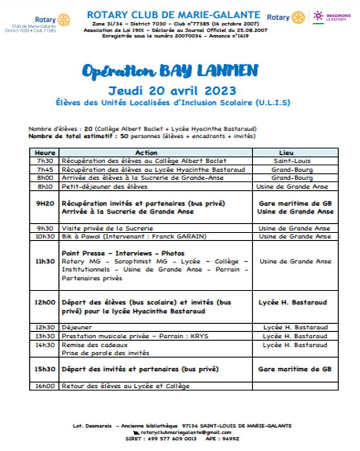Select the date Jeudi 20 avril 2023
point(172,90)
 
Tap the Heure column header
point(45,152)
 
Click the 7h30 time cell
point(44,161)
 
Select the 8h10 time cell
point(44,186)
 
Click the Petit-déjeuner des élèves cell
point(105,186)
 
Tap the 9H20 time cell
point(45,203)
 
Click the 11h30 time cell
point(45,262)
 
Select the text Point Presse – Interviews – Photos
point(123,254)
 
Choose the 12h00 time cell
point(45,303)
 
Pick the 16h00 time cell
point(45,386)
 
